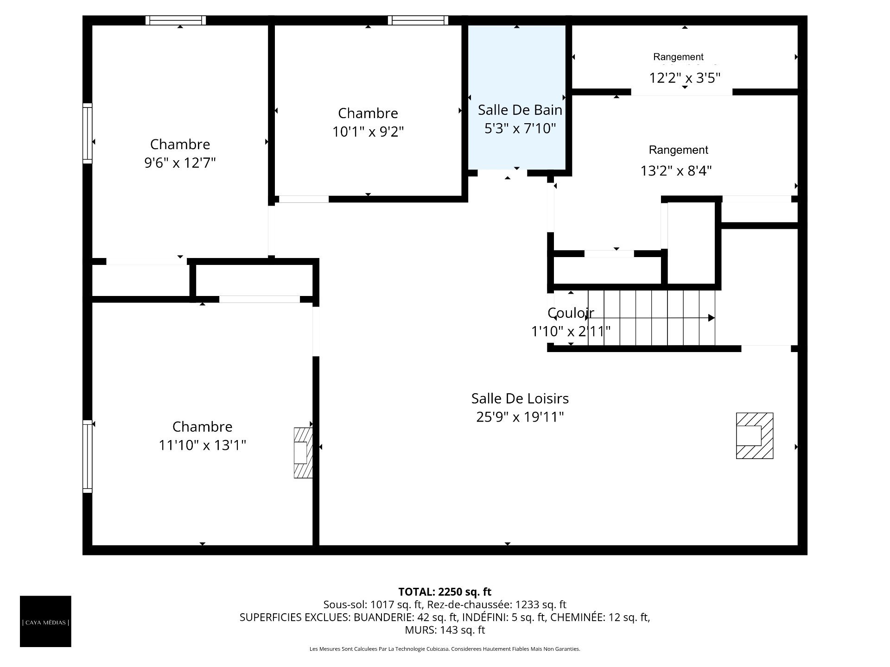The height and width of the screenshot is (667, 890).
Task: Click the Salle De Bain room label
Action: tap(520, 110)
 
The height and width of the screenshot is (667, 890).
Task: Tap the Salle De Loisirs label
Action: tap(520, 398)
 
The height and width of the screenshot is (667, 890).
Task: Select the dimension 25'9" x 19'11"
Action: tap(520, 417)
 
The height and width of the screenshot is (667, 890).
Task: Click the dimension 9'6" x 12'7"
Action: tap(180, 163)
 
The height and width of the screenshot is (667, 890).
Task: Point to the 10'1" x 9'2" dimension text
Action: tap(368, 132)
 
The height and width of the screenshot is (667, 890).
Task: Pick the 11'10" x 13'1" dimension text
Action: tap(202, 445)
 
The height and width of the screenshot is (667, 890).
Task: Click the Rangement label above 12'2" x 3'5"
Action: tap(678, 57)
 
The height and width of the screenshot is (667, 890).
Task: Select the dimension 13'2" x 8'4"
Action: tap(676, 171)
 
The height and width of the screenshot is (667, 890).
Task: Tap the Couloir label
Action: tap(571, 313)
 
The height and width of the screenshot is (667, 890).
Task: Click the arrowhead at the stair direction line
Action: tap(712, 318)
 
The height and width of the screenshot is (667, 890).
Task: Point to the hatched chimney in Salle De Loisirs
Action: tap(755, 435)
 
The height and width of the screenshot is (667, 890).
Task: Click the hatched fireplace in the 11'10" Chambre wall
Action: tap(303, 453)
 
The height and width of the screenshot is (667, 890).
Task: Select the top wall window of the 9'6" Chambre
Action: tap(176, 20)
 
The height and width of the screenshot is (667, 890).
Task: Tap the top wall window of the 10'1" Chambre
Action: tap(418, 20)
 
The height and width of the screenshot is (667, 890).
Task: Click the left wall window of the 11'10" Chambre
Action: tap(87, 456)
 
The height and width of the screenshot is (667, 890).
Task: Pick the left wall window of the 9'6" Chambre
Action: tap(87, 133)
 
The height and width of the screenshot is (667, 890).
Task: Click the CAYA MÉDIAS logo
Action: tap(45, 621)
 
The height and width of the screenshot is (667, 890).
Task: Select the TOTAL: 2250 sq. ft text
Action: tap(445, 591)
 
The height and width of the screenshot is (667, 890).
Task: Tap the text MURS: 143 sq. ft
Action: tap(445, 630)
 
